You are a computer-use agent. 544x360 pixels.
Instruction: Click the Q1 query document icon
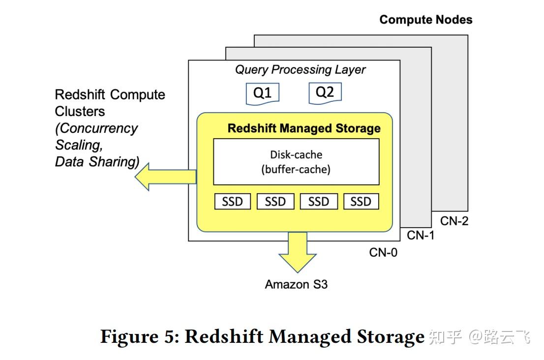coord(262,93)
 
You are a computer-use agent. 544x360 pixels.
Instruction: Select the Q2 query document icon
coord(325,92)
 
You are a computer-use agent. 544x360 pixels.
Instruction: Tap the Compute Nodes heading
coord(425,20)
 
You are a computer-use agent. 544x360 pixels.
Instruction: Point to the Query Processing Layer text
coord(300,70)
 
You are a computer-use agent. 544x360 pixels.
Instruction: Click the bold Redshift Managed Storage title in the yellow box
coord(303,128)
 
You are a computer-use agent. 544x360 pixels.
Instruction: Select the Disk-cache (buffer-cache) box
coord(296,162)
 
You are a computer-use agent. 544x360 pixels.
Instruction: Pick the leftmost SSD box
coord(232,202)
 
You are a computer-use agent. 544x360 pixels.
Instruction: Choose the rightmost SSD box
coord(361,202)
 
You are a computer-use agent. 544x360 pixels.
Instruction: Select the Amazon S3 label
coord(296,284)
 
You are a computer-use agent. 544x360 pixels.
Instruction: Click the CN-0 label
coord(383,253)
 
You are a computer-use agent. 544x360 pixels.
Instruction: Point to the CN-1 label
coord(421,236)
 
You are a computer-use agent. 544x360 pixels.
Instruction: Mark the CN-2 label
coord(454,221)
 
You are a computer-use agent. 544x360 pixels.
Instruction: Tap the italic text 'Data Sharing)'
coord(97,162)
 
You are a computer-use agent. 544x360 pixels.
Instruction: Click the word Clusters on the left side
coord(80,112)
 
